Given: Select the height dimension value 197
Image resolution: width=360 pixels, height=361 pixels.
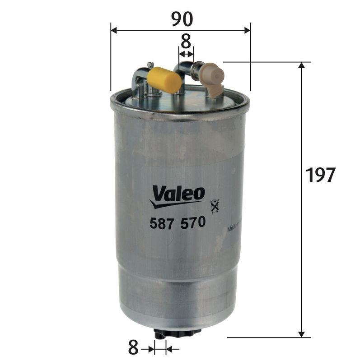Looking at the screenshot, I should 320,175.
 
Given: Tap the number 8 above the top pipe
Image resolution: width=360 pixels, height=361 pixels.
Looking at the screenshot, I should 186,42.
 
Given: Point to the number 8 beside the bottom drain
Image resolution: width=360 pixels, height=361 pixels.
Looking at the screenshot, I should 133,348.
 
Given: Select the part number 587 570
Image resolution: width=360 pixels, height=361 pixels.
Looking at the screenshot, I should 177,222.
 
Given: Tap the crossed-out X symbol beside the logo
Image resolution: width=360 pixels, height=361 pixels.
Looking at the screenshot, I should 215,206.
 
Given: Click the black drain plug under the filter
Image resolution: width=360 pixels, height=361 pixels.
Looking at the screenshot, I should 177,333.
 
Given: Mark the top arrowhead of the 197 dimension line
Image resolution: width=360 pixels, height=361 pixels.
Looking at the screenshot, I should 302,65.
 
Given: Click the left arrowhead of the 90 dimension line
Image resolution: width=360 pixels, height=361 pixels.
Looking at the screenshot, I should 114,30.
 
